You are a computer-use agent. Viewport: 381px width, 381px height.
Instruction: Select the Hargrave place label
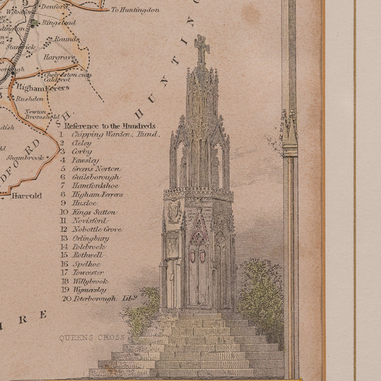[x=57, y=57]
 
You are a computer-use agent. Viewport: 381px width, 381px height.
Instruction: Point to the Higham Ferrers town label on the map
[x=43, y=88]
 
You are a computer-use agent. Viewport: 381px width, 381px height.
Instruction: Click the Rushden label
[x=31, y=98]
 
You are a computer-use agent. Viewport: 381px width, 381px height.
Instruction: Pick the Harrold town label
[x=27, y=196]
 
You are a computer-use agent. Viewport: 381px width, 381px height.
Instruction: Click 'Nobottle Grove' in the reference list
[x=96, y=229]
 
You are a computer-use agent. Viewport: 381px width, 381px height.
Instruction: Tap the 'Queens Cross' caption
[x=83, y=338]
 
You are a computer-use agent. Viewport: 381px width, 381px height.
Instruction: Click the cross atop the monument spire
[x=201, y=48]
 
